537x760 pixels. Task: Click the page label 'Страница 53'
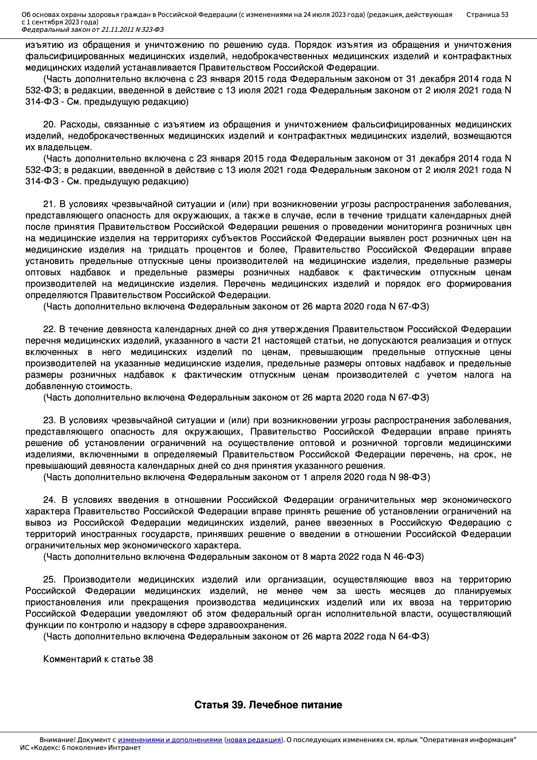487,15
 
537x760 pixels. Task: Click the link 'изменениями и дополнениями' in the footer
170,740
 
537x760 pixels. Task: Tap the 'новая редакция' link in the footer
253,740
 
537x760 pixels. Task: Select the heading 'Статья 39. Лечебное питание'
268,705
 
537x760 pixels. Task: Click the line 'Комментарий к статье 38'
98,659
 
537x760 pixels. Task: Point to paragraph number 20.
49,125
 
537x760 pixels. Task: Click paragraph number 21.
49,204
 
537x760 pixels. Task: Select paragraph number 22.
49,329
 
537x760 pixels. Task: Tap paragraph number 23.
49,420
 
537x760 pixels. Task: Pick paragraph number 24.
49,500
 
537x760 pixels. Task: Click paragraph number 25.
49,580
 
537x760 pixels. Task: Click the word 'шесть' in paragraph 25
368,591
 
